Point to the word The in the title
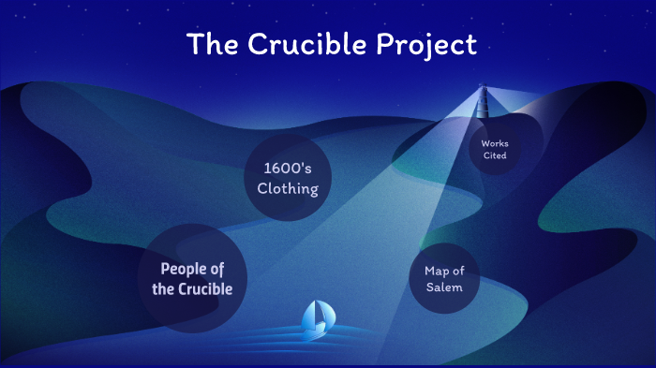tap(210, 44)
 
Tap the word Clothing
tap(288, 189)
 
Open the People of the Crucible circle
tap(192, 278)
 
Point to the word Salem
tap(444, 287)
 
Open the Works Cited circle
tap(494, 149)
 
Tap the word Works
tap(494, 143)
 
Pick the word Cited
tap(494, 155)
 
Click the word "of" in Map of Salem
tap(459, 271)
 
